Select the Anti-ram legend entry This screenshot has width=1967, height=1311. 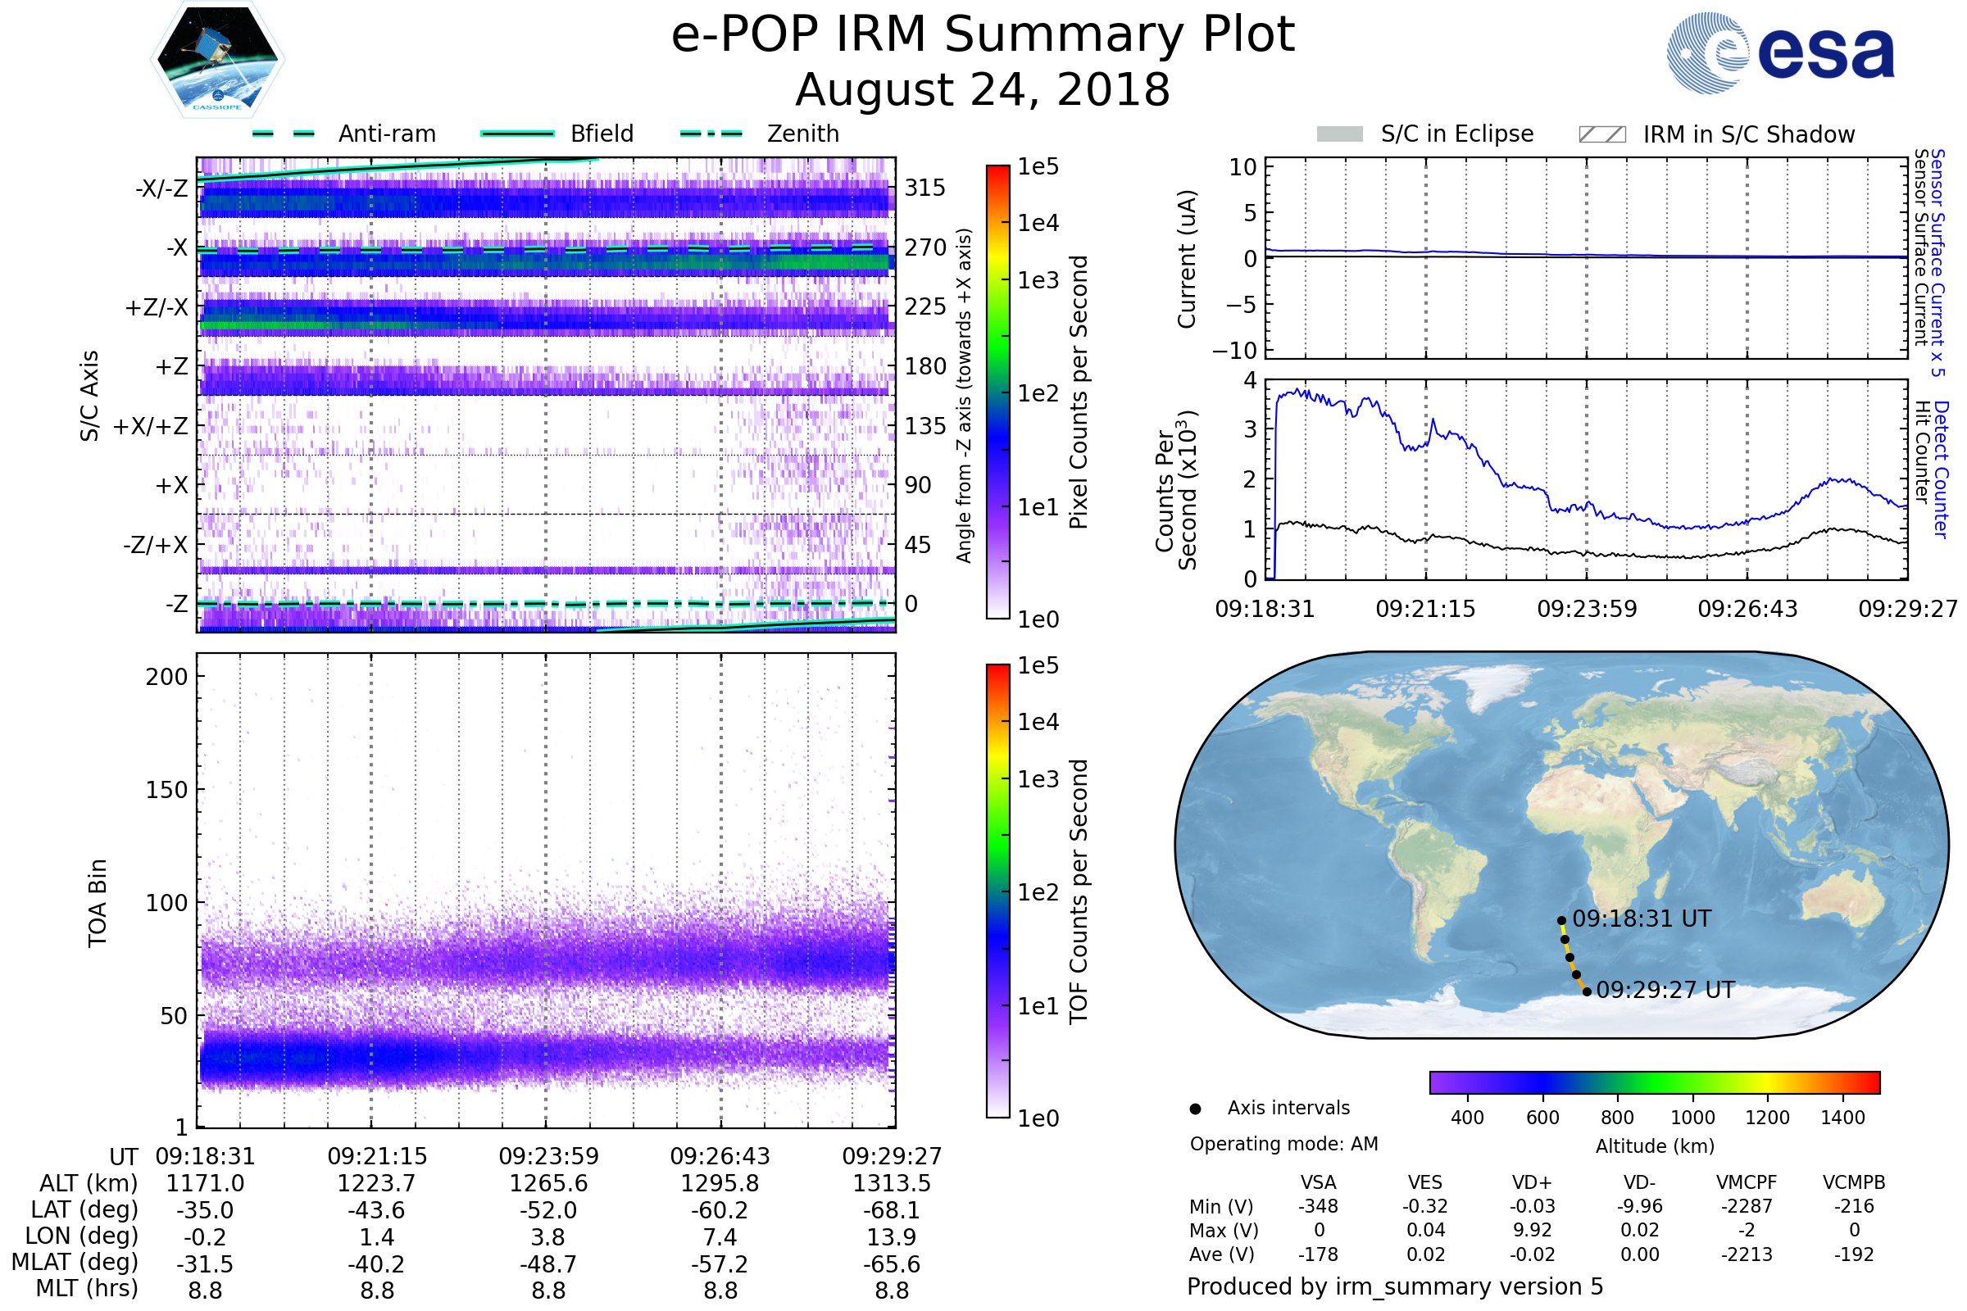[x=386, y=134]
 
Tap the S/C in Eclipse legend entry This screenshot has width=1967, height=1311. [x=1456, y=134]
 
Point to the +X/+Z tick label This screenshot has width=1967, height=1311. [x=151, y=426]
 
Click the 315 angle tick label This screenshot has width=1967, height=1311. [x=924, y=188]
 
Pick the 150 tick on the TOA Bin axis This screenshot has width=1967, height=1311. [x=166, y=790]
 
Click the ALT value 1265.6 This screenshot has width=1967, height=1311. [x=548, y=1183]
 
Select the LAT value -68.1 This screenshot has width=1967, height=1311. [x=892, y=1210]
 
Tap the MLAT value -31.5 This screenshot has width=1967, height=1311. [x=205, y=1263]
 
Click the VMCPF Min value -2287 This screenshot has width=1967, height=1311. [x=1747, y=1206]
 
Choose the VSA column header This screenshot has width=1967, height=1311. [x=1318, y=1182]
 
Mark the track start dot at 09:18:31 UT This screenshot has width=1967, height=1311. [x=1561, y=920]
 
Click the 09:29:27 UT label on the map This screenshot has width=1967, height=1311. [x=1665, y=990]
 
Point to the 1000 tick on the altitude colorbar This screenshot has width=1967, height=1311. [x=1692, y=1118]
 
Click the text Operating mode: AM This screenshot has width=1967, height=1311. [x=1283, y=1144]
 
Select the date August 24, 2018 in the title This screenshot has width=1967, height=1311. [x=983, y=89]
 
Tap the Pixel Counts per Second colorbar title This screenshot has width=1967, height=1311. [x=1079, y=392]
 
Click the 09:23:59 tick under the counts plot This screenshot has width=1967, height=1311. [x=1587, y=609]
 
